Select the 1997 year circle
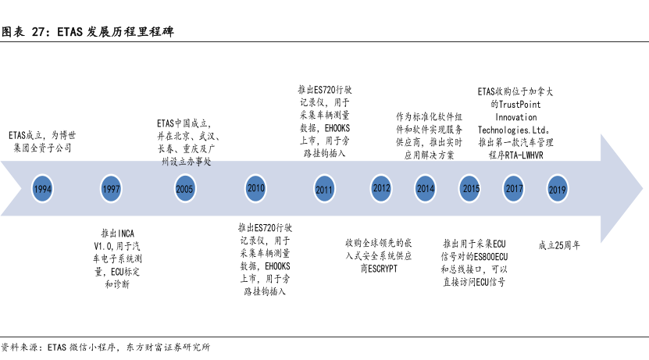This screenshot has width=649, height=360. tap(111, 189)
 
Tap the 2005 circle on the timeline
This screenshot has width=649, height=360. tap(184, 189)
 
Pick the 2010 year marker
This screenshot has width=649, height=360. tap(256, 187)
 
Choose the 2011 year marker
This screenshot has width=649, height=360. tap(324, 189)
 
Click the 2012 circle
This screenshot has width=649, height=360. tap(382, 188)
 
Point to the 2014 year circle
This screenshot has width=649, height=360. tap(426, 188)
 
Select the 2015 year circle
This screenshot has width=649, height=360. tap(471, 188)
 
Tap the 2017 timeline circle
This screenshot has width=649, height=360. tap(514, 188)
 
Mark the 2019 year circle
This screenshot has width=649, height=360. tap(557, 189)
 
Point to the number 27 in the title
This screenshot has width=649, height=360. tap(37, 34)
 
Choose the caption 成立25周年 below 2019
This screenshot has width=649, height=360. tap(559, 244)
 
